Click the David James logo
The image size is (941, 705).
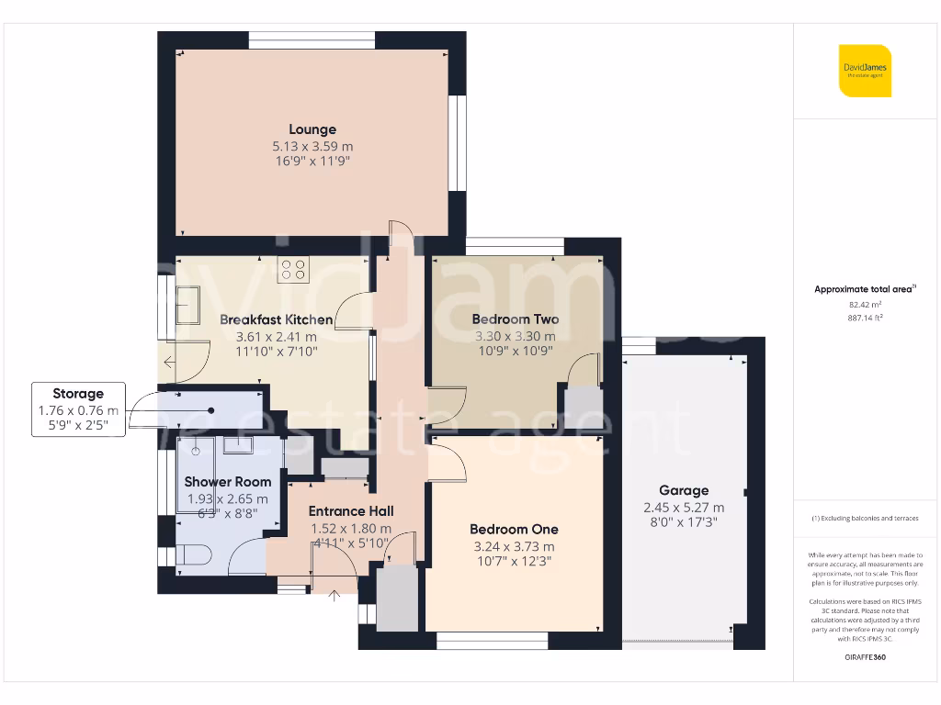[865, 71]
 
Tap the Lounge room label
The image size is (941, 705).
[312, 129]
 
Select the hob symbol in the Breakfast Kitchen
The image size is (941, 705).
[293, 269]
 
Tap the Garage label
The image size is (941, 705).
[684, 490]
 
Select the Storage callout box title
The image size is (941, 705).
[78, 394]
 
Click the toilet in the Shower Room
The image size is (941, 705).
[193, 555]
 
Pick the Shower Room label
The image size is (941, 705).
[228, 481]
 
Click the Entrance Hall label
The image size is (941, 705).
[351, 511]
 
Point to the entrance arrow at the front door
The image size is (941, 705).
[334, 595]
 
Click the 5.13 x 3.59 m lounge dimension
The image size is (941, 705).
[312, 146]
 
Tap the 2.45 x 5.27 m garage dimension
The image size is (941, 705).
[684, 507]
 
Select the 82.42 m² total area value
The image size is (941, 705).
[865, 304]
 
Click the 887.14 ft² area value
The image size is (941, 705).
[865, 317]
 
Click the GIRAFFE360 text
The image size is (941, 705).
[865, 657]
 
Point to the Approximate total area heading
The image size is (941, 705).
[864, 289]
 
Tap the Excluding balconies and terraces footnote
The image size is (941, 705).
[865, 519]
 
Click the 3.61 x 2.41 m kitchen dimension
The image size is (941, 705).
[276, 336]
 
